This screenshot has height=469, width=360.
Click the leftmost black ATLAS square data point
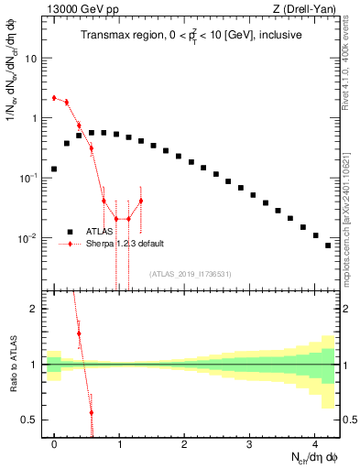[54, 169]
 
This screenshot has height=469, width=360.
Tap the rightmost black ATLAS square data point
[327, 245]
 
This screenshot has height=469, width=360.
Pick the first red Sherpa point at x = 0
[54, 97]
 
